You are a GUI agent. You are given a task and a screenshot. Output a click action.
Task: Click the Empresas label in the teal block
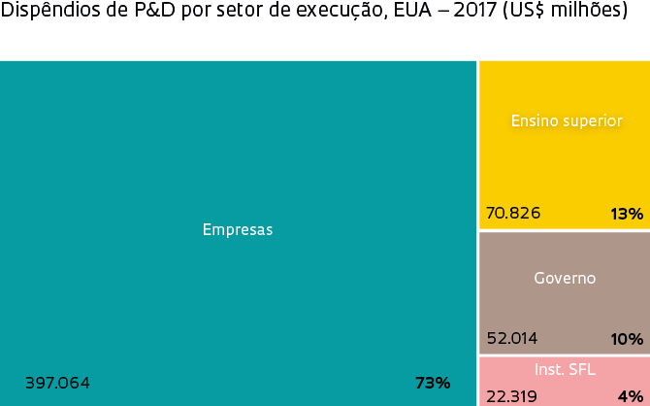pyautogui.click(x=238, y=230)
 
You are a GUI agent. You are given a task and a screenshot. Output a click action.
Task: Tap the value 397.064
pyautogui.click(x=57, y=383)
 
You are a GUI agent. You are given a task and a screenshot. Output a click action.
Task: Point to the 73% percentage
pyautogui.click(x=433, y=383)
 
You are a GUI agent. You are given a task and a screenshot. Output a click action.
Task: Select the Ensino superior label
pyautogui.click(x=566, y=120)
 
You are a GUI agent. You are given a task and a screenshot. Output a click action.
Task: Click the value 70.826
pyautogui.click(x=513, y=213)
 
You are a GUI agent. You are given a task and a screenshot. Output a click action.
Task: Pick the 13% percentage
pyautogui.click(x=627, y=214)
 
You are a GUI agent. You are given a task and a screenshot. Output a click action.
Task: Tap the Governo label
pyautogui.click(x=565, y=278)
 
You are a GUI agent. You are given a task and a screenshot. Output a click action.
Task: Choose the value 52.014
pyautogui.click(x=511, y=339)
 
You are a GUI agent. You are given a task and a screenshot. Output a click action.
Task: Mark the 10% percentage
pyautogui.click(x=627, y=339)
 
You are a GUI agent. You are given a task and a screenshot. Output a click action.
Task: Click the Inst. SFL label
pyautogui.click(x=565, y=370)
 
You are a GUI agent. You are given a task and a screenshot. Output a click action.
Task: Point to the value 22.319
pyautogui.click(x=511, y=395)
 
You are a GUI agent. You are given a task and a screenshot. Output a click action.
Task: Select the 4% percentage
pyautogui.click(x=631, y=396)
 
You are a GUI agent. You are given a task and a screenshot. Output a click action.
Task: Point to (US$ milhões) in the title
pyautogui.click(x=565, y=13)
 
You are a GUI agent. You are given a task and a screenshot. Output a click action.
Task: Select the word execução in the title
pyautogui.click(x=339, y=13)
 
